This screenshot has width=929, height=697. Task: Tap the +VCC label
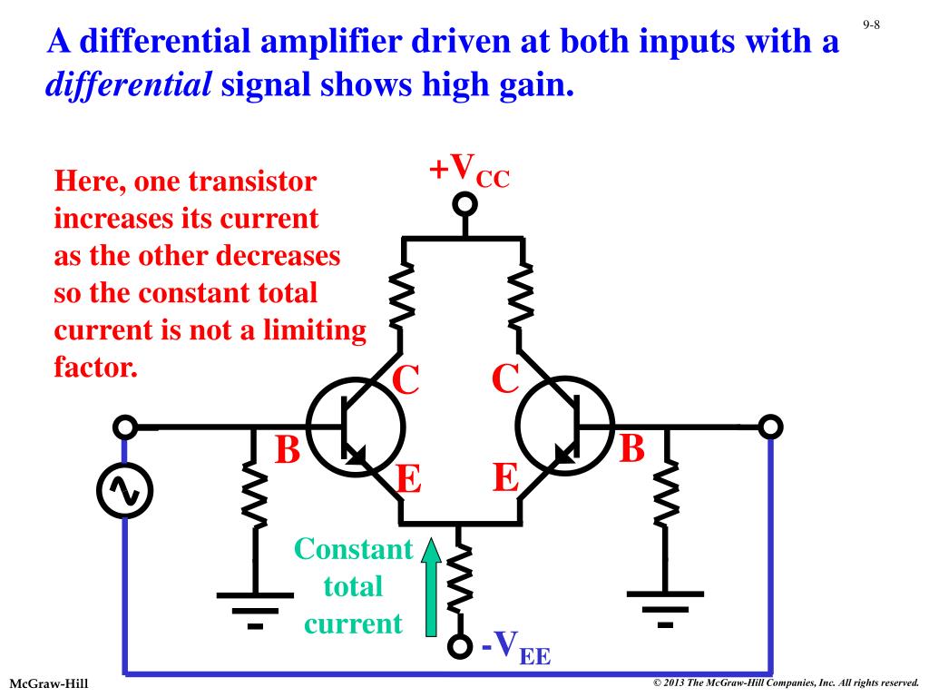coord(469,170)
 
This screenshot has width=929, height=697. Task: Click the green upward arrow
coord(431,584)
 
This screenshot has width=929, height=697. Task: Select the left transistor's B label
coord(287,449)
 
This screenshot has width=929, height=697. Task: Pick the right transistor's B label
coord(632,448)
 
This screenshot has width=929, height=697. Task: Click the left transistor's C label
coord(405,379)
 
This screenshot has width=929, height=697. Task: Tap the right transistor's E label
coord(505,477)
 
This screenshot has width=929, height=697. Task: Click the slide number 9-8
coord(871,25)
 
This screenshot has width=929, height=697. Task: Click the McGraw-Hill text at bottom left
coord(49,682)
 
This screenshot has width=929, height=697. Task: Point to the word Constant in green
coord(354,549)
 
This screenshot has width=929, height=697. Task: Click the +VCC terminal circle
coord(464,202)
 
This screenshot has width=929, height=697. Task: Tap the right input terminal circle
coord(770,426)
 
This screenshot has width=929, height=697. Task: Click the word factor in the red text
coord(95,368)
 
